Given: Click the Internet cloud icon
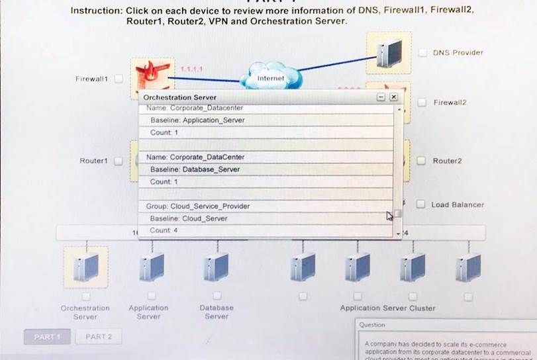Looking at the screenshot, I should (x=270, y=76).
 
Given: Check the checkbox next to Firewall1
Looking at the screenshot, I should (x=119, y=79).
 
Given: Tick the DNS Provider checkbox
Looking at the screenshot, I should (x=422, y=52).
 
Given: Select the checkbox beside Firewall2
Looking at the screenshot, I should (x=422, y=103).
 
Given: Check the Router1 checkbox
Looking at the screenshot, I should (x=119, y=161).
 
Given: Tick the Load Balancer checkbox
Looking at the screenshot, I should (x=420, y=204).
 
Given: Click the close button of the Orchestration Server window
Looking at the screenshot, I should (x=393, y=97).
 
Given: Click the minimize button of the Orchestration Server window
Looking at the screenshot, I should (x=381, y=97).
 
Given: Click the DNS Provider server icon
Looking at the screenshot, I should (x=389, y=53).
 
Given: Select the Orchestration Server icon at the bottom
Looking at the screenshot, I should (x=85, y=267).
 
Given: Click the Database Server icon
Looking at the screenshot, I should (x=217, y=267).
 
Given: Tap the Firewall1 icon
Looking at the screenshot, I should (x=148, y=75).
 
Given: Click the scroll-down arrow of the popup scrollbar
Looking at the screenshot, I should (x=398, y=234).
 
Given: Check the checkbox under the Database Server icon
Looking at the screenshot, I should (x=217, y=296).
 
